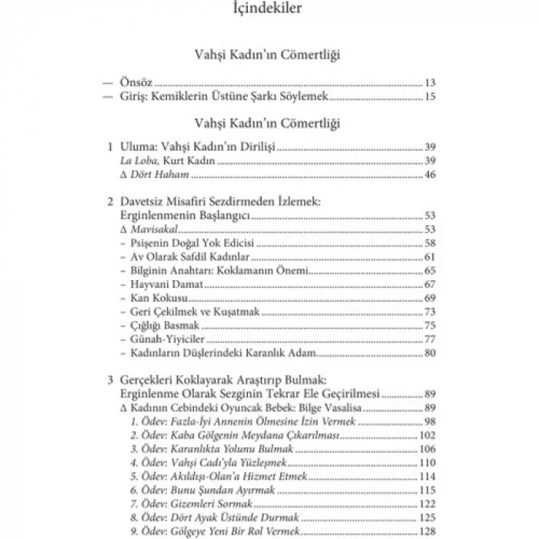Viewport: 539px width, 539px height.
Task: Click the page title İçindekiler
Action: pyautogui.click(x=269, y=10)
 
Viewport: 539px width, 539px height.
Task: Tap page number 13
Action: pyautogui.click(x=430, y=82)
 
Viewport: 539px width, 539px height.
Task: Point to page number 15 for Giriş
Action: pyautogui.click(x=430, y=97)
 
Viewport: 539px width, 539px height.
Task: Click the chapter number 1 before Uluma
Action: pyautogui.click(x=111, y=146)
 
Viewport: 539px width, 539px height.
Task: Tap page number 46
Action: pyautogui.click(x=430, y=176)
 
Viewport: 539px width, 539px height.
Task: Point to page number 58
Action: pyautogui.click(x=430, y=243)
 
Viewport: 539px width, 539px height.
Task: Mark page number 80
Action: pyautogui.click(x=430, y=353)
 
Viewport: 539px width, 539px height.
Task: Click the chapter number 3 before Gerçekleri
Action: pyautogui.click(x=111, y=380)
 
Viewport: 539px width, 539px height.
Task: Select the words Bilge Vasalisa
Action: pyautogui.click(x=343, y=407)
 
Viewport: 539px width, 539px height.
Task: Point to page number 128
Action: pyautogui.click(x=427, y=532)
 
